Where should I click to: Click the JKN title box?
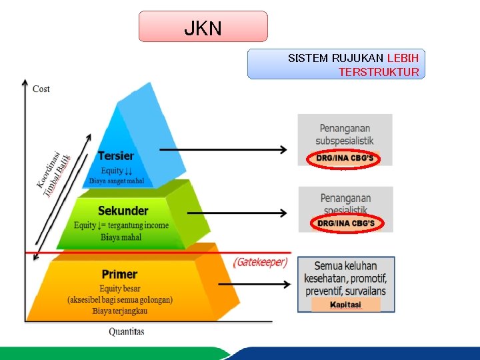(x=203, y=27)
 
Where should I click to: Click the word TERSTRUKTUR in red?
(x=379, y=72)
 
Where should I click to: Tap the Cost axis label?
(x=41, y=89)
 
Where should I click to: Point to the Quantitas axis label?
(x=127, y=331)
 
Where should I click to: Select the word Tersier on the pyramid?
(x=115, y=156)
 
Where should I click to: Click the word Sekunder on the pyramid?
(x=123, y=211)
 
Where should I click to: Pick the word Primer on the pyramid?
(x=119, y=274)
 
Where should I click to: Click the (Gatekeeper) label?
(x=260, y=262)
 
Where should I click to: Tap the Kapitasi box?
(x=345, y=305)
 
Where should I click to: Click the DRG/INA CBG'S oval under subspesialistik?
(x=345, y=159)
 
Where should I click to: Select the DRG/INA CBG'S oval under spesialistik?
(x=345, y=223)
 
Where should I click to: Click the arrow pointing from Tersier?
(x=223, y=149)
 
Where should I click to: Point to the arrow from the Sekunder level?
(x=237, y=213)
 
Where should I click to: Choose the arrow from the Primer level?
(x=254, y=284)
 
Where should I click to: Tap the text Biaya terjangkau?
(x=120, y=311)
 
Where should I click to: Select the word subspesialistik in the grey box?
(x=345, y=141)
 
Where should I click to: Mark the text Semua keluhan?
(x=345, y=266)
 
